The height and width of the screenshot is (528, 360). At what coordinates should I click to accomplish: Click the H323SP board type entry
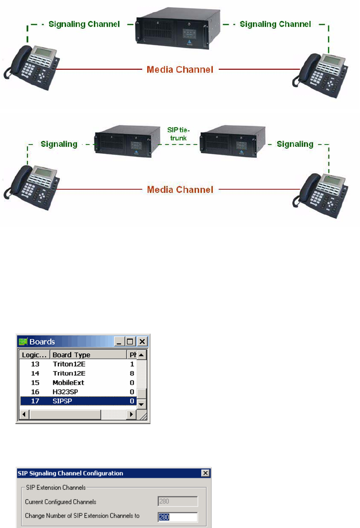(66, 392)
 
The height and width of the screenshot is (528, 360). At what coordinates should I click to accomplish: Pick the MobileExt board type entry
(68, 383)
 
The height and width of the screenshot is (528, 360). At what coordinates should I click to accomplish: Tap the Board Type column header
(72, 355)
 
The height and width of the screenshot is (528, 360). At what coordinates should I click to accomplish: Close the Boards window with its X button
(142, 342)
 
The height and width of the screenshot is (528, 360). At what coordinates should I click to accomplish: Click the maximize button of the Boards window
(130, 342)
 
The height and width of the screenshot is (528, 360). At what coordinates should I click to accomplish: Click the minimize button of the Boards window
(119, 342)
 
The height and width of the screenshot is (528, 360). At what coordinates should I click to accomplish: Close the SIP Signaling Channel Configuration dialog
(205, 473)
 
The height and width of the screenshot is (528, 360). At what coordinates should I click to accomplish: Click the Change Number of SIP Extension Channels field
(178, 517)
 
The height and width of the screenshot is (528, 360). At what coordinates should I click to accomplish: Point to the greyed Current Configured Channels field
(178, 502)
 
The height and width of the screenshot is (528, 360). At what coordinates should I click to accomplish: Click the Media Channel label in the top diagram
(180, 70)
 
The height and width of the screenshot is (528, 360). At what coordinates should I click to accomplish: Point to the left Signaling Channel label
(84, 24)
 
